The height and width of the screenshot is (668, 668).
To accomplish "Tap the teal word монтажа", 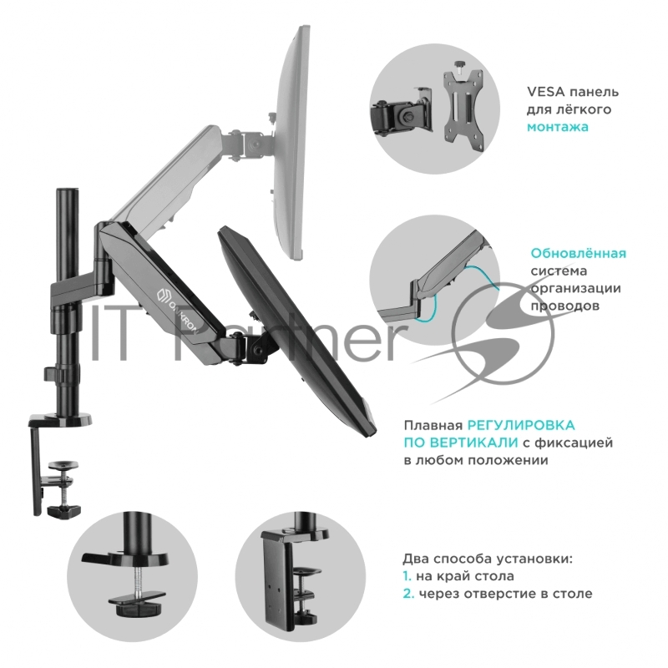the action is (558, 127).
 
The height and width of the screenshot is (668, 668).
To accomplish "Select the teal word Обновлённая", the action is (579, 254).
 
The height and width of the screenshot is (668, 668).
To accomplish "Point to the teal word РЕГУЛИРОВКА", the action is (521, 425).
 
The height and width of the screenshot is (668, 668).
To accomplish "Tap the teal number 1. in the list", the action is (407, 576).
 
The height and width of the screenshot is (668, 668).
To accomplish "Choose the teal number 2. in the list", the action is (408, 594).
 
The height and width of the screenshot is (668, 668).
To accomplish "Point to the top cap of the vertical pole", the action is (67, 190).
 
